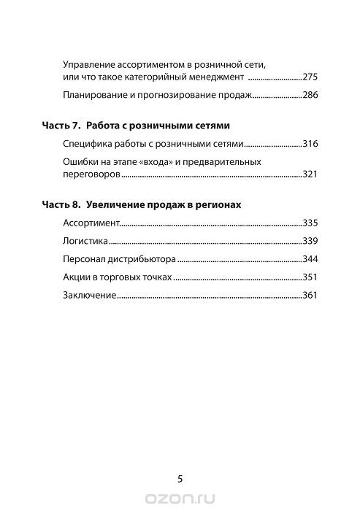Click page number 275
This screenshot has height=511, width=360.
312,76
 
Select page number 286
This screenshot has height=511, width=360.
312,95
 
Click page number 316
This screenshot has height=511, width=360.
312,145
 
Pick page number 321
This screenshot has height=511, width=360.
312,175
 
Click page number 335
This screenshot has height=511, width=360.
312,223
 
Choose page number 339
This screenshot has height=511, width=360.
312,241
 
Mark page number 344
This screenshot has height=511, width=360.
312,259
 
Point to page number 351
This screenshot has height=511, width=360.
312,278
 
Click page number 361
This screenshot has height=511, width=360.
312,296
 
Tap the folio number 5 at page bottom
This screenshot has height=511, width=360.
180,480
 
